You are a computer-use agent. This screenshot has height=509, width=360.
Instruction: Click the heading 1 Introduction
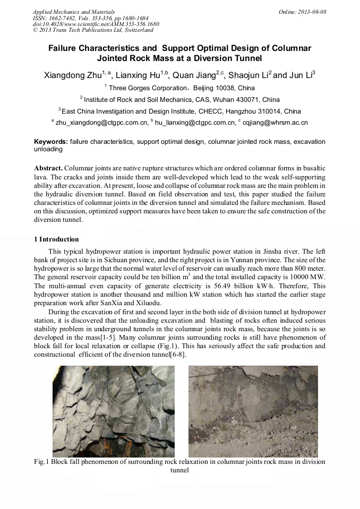pos(56,239)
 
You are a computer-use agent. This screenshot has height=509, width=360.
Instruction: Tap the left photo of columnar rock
pos(114,411)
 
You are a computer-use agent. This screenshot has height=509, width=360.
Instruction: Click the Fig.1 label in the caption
pos(41,462)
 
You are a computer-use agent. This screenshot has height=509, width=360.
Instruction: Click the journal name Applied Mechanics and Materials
pos(73,12)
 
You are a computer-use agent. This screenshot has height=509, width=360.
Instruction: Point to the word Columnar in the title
pos(290,48)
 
